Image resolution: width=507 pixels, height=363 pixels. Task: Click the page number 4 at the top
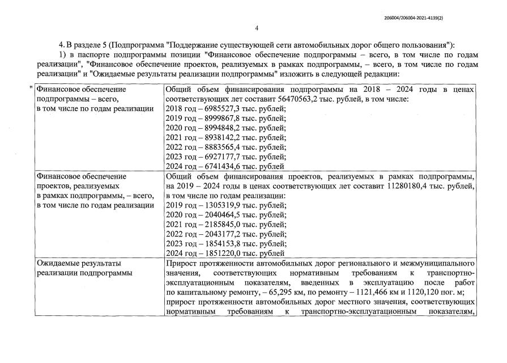click(256, 28)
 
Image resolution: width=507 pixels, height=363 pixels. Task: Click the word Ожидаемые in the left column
click(58, 263)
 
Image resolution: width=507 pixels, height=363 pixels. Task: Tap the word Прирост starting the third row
click(181, 263)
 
